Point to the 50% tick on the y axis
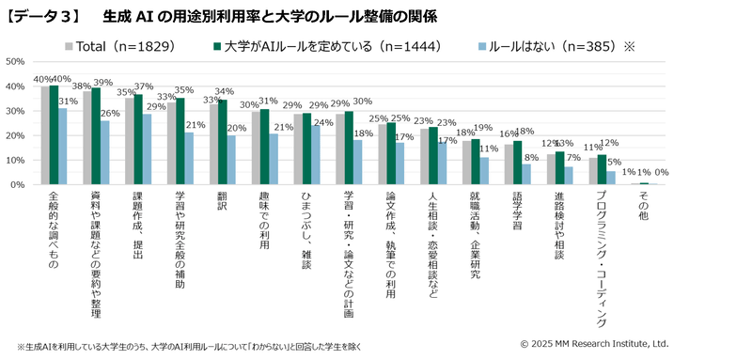click(x=15, y=62)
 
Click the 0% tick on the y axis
click(x=18, y=185)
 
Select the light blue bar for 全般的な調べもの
click(x=63, y=147)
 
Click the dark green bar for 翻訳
click(x=222, y=143)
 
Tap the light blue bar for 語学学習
click(x=528, y=175)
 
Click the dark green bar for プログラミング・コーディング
click(x=603, y=170)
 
